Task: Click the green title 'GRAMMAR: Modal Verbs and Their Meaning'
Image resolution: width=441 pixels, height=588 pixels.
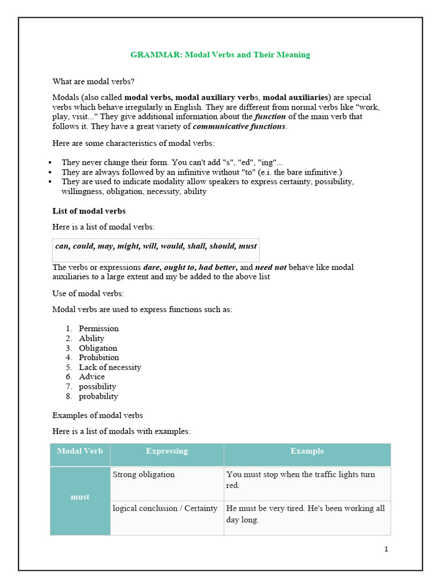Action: [220, 55]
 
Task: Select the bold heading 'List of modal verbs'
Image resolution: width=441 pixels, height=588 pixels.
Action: [89, 211]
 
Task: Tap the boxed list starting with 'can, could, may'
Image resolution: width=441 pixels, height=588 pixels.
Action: [156, 246]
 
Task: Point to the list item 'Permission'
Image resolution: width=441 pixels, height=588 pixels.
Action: [99, 328]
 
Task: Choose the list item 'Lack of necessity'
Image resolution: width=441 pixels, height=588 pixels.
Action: [110, 367]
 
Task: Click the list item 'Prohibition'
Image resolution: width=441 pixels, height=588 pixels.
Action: [99, 357]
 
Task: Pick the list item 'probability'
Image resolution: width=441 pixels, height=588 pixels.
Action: [98, 396]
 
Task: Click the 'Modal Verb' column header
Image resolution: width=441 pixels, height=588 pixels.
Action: [80, 451]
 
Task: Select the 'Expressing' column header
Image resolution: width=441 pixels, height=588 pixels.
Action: [167, 451]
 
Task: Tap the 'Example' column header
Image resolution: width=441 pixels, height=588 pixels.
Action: [307, 451]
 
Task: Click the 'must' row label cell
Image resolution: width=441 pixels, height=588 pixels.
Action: [80, 497]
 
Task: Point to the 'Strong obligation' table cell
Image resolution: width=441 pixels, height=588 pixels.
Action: [144, 475]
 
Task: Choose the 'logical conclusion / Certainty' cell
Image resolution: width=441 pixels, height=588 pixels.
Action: [165, 508]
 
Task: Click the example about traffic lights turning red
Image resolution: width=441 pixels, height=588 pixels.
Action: [300, 480]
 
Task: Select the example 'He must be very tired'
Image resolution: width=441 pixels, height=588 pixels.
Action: [305, 514]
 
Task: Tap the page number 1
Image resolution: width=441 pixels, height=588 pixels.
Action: [386, 549]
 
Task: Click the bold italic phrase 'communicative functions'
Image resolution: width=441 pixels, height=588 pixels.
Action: [239, 126]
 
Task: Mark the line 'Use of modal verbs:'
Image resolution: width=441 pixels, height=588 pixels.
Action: [88, 294]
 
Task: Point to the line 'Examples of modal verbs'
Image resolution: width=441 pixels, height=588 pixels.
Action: [98, 415]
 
